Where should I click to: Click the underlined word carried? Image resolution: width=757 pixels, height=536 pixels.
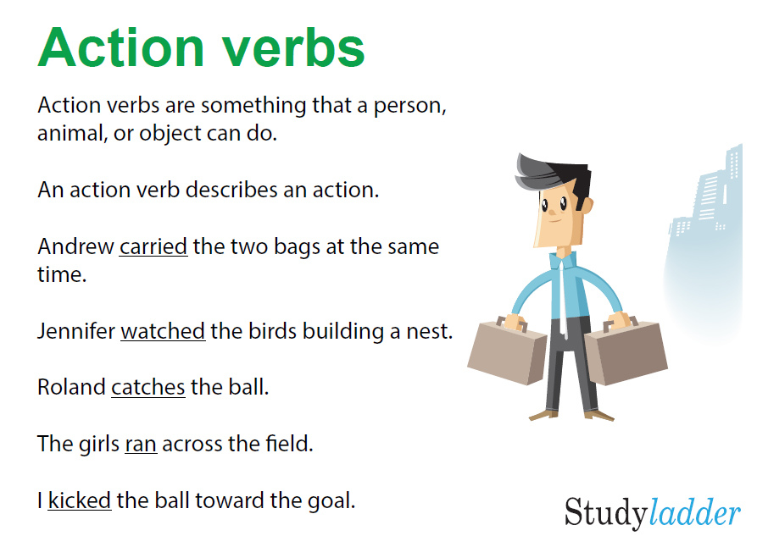pos(153,247)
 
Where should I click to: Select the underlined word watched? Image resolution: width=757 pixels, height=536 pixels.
pos(163,331)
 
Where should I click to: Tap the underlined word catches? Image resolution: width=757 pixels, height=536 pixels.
pos(148,388)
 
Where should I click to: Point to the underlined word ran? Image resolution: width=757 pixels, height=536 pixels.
pos(141,444)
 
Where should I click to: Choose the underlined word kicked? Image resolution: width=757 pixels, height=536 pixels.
pos(80,500)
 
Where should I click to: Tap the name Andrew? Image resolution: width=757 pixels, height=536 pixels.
pos(75,247)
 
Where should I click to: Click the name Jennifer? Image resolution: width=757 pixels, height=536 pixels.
pos(75,331)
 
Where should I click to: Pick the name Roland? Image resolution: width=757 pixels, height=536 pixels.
pos(71,388)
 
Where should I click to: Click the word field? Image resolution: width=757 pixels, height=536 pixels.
pos(290,444)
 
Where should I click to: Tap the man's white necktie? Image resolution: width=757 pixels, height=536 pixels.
pos(564,292)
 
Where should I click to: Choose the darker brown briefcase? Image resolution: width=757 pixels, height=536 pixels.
pos(625,349)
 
